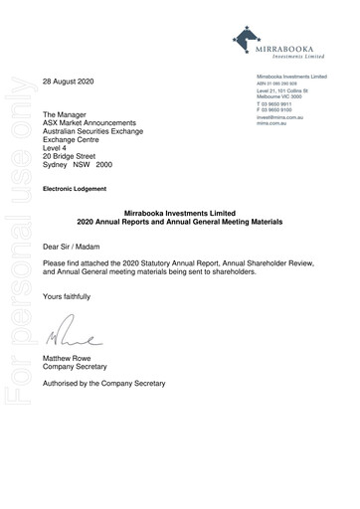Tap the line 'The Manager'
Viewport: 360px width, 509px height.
[x=67, y=115]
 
